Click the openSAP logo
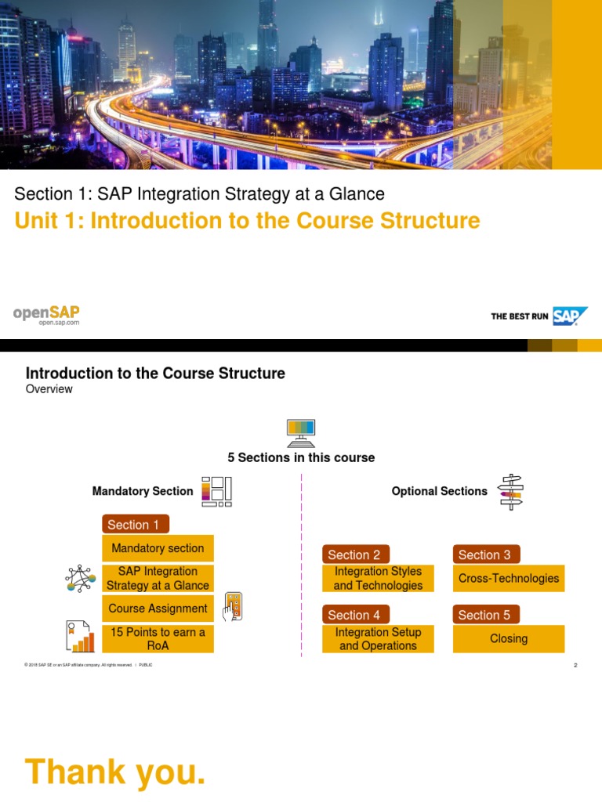(46, 315)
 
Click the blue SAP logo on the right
(570, 316)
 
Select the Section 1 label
(135, 525)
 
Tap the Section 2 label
(355, 555)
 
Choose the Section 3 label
(485, 555)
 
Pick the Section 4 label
(355, 615)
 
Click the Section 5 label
(485, 615)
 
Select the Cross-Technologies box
(509, 579)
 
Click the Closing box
(509, 639)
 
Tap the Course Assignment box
(158, 609)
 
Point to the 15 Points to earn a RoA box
(158, 639)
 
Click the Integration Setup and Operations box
(378, 639)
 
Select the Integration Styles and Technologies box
(378, 579)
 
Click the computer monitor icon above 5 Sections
(301, 430)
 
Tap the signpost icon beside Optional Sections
(511, 492)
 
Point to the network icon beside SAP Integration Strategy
(80, 579)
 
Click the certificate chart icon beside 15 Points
(80, 637)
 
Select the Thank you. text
(115, 771)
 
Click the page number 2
(575, 666)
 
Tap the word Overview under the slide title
(49, 389)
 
